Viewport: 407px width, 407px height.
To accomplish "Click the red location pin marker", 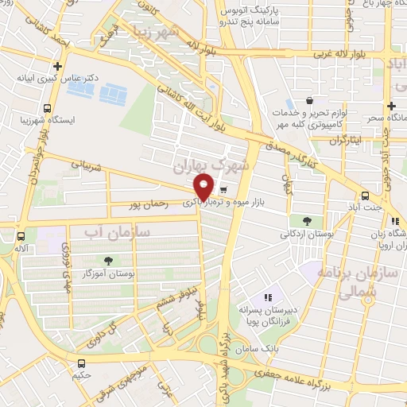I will (x=204, y=186).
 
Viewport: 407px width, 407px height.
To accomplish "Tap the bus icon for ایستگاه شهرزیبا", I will (x=48, y=107).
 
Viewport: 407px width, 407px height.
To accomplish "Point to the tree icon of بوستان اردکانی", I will (x=307, y=221).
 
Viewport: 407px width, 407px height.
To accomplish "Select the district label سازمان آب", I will (x=111, y=231).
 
